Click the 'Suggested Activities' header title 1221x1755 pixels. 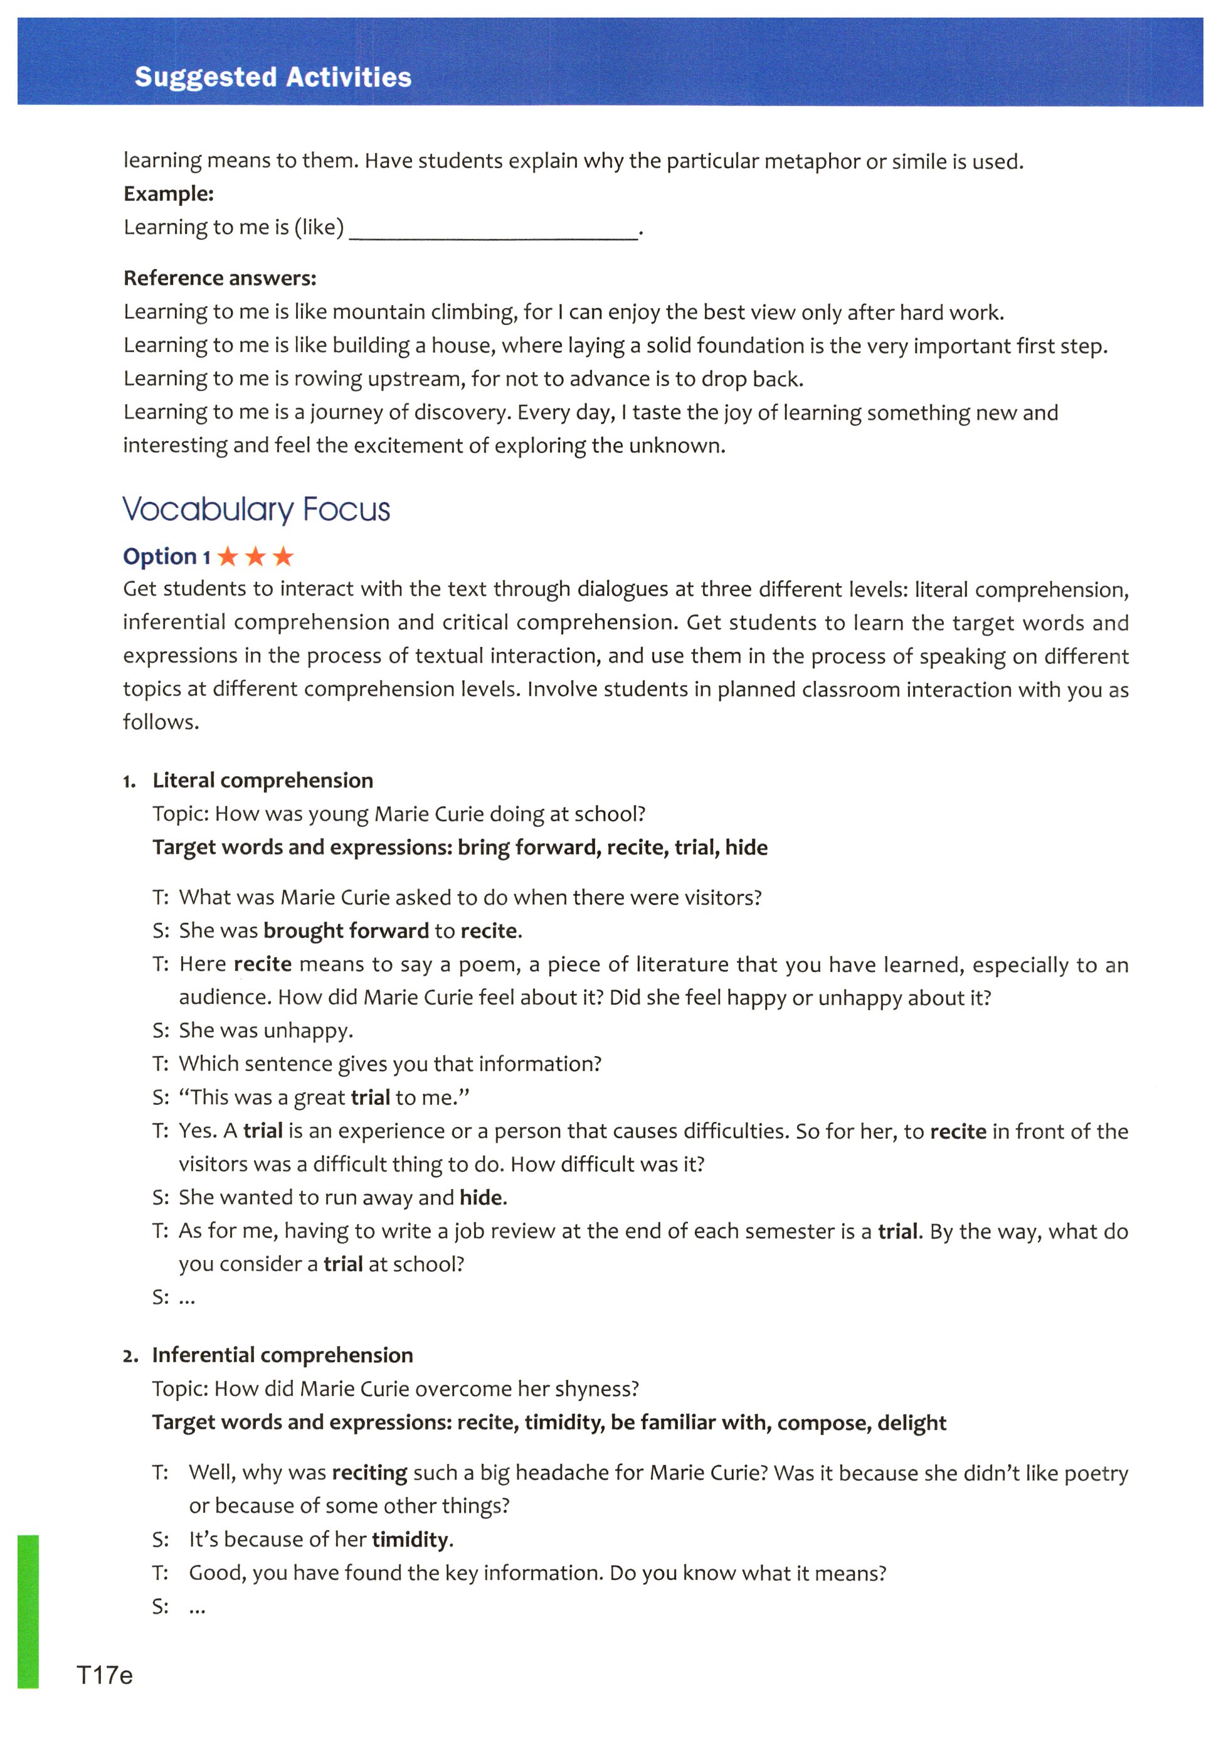coord(273,77)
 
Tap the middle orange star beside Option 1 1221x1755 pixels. coord(255,557)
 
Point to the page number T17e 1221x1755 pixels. coord(105,1675)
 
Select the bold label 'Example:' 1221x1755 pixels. coord(168,193)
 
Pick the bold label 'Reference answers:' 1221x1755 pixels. coord(219,277)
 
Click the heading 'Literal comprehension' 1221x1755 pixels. coord(263,781)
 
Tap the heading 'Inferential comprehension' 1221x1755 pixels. coord(282,1355)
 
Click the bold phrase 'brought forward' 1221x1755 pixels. coord(346,931)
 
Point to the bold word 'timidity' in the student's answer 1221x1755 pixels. coord(410,1539)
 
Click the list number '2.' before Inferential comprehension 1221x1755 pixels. coord(130,1357)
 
